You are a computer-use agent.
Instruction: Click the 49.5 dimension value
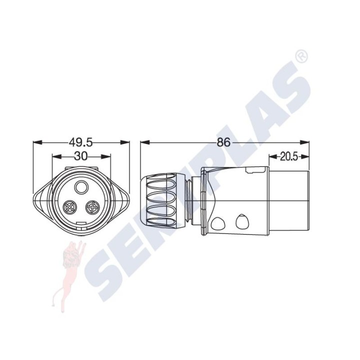click(81, 142)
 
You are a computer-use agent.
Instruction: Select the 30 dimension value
click(81, 156)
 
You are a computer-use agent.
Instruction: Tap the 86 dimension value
click(223, 142)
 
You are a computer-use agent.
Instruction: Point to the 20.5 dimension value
click(288, 157)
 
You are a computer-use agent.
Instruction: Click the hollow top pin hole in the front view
click(81, 187)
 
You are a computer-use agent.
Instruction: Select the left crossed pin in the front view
click(69, 207)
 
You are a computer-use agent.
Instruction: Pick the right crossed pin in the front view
click(93, 207)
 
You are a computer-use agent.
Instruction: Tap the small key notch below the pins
click(81, 223)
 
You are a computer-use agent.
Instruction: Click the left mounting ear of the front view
click(42, 200)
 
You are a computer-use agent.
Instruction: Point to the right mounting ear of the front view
click(120, 199)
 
